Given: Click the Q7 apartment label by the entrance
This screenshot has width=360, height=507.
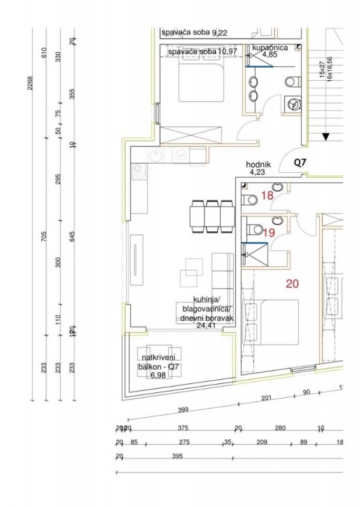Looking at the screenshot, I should click(x=300, y=163).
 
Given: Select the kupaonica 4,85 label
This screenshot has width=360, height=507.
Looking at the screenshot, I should click(x=270, y=51).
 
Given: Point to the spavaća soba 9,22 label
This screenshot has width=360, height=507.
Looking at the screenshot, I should click(x=195, y=33).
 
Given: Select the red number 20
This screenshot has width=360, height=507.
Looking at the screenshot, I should click(x=292, y=284).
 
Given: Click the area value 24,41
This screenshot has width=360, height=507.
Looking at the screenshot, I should click(x=207, y=326).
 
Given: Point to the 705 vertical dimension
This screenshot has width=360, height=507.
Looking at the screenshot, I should click(x=44, y=237).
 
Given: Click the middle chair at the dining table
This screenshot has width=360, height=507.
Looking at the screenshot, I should click(x=213, y=215).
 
